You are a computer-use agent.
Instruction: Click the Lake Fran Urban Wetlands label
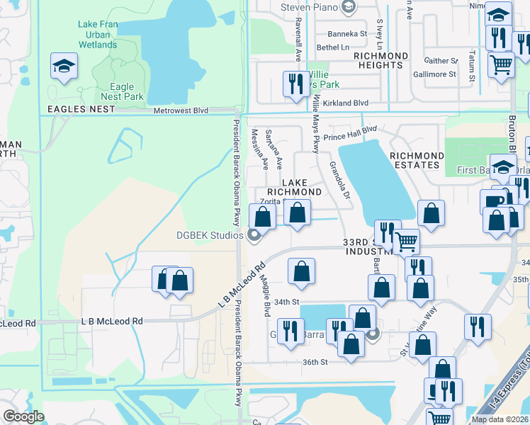97,35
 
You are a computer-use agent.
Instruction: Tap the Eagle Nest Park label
123,92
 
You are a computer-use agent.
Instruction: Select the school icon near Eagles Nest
64,67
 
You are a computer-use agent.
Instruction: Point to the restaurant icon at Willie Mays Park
293,85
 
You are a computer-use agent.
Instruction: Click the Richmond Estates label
417,160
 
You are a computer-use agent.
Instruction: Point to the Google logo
23,416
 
